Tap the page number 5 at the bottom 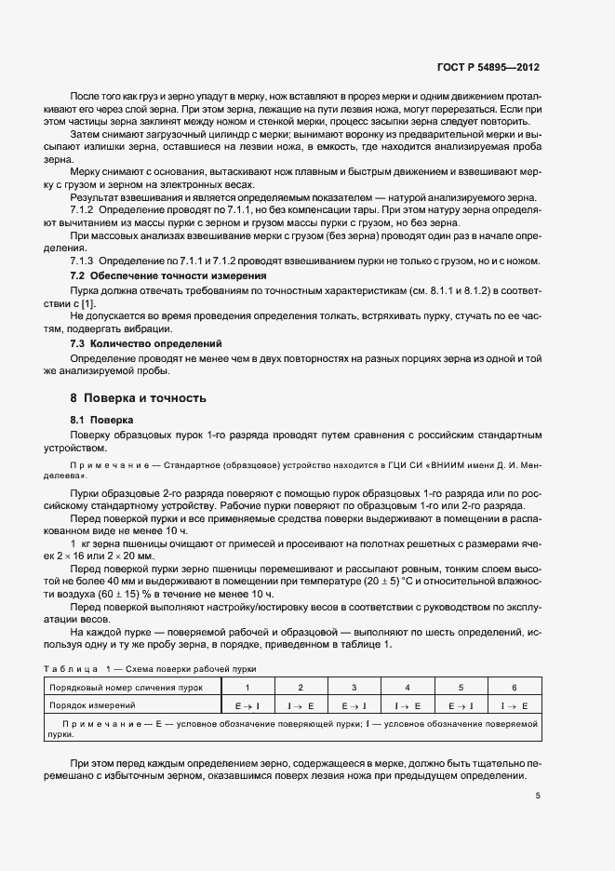(x=537, y=796)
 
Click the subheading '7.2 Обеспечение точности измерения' (x=168, y=276)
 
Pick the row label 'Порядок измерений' (x=91, y=706)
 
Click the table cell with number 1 (x=247, y=687)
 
